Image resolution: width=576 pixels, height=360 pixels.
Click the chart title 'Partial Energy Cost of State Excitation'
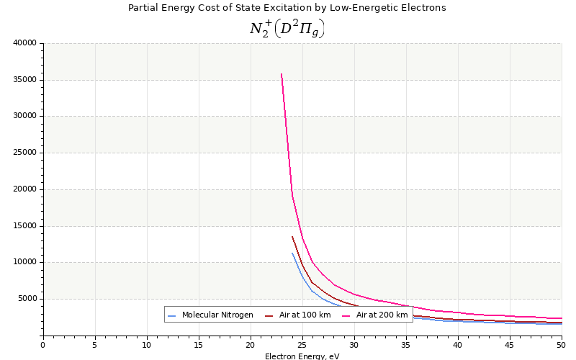click(x=287, y=8)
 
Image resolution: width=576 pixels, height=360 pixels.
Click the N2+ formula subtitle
click(x=287, y=28)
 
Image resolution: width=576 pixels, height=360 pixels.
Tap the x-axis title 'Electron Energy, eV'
click(x=302, y=356)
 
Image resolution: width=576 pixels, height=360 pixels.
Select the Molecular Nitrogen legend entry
click(x=217, y=315)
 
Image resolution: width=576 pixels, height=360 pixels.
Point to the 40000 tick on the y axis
click(x=24, y=42)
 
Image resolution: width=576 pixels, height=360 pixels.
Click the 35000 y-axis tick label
click(x=24, y=79)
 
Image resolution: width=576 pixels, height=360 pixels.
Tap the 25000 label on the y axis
click(x=24, y=153)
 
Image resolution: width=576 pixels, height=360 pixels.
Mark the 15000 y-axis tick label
click(x=24, y=225)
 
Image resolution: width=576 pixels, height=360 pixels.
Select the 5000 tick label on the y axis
click(x=27, y=299)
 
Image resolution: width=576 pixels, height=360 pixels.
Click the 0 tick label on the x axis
click(x=42, y=345)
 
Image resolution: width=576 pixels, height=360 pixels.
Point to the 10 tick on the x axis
click(x=147, y=345)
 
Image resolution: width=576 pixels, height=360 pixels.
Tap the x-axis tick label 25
click(x=302, y=345)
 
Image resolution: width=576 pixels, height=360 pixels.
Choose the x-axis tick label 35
click(x=406, y=345)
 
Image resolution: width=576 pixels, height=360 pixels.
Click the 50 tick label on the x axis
click(x=561, y=345)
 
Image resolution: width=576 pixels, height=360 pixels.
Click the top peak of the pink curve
click(x=282, y=74)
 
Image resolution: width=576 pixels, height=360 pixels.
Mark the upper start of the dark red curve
click(x=292, y=236)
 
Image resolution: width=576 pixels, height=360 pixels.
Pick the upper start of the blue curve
click(x=292, y=253)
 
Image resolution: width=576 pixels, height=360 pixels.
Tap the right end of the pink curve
click(x=561, y=318)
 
